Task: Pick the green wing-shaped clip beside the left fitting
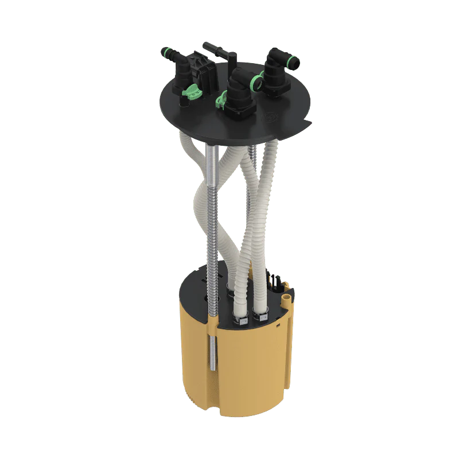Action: point(192,92)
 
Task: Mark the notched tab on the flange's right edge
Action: point(309,123)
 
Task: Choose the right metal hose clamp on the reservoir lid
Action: point(261,313)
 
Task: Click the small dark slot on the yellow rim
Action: point(276,325)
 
